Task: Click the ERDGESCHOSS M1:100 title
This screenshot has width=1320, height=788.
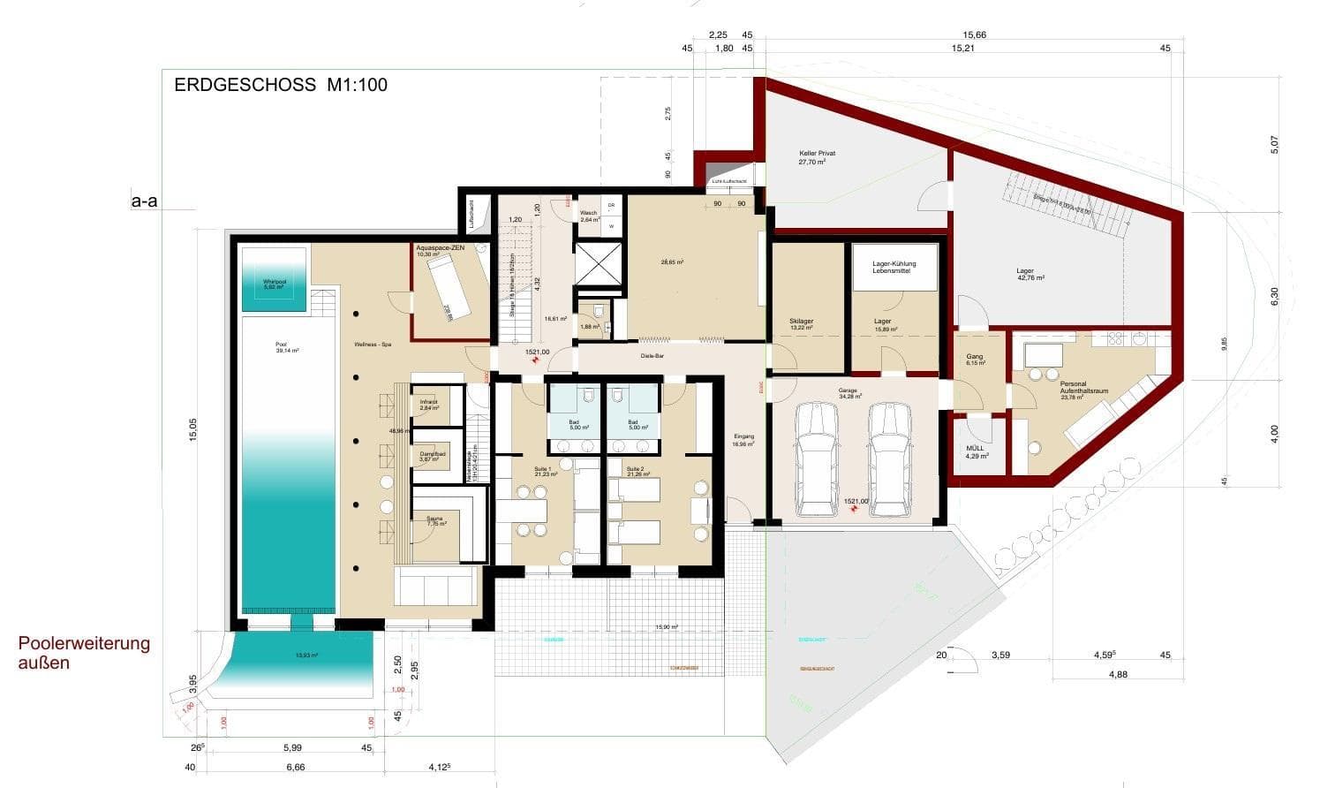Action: (x=281, y=86)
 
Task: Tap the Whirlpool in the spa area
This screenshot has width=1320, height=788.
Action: (x=274, y=280)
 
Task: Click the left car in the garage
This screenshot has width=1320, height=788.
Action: (x=816, y=459)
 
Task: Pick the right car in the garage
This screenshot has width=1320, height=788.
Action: (x=889, y=459)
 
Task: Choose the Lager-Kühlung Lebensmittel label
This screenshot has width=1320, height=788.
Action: (x=894, y=268)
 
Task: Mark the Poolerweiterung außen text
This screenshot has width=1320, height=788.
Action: (x=84, y=652)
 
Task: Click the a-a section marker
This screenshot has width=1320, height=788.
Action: (x=144, y=202)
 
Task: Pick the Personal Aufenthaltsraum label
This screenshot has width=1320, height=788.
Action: (x=1083, y=387)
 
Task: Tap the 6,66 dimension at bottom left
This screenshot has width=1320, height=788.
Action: (x=295, y=768)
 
